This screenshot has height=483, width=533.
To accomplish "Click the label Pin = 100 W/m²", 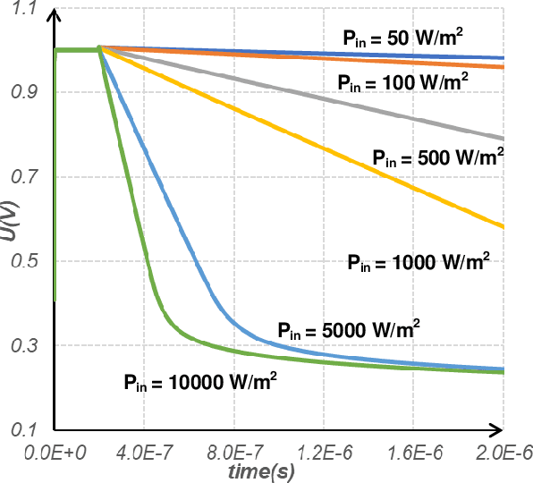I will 402,81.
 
